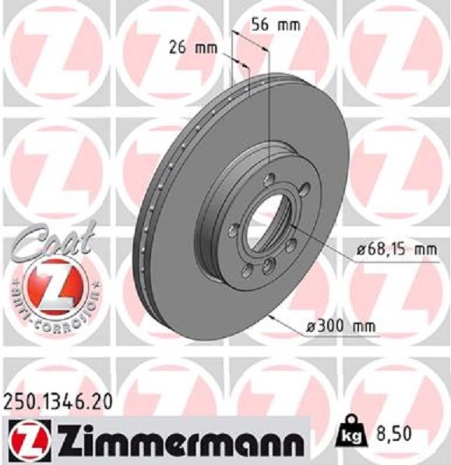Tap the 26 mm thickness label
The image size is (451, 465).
(192, 47)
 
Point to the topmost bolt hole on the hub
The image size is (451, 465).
(270, 176)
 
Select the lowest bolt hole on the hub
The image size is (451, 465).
(267, 267)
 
